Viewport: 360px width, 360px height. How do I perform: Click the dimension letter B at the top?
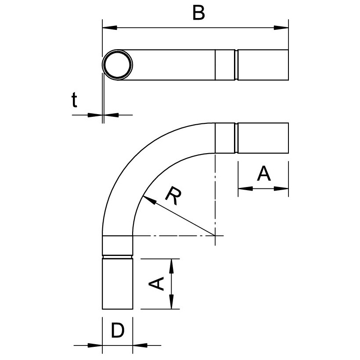coord(198,13)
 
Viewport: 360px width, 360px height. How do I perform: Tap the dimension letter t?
coord(74,100)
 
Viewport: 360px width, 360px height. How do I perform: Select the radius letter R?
coord(174,196)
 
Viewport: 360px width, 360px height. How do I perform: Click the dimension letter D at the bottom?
coord(118,330)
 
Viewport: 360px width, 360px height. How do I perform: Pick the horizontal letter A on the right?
coord(264,173)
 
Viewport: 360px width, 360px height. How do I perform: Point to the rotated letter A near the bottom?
coord(156,284)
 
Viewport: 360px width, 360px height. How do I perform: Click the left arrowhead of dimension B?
coord(110,28)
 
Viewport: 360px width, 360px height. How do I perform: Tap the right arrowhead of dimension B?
coord(281,28)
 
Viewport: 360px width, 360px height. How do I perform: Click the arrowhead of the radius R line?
coord(150,200)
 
